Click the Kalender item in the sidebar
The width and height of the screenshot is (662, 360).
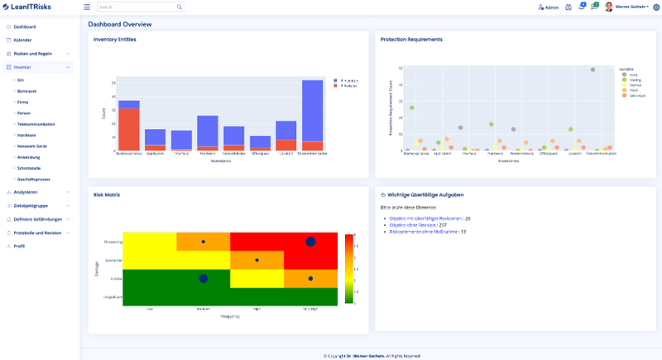point(22,40)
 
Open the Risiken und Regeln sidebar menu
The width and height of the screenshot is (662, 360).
point(33,53)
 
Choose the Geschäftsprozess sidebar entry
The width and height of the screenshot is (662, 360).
point(34,179)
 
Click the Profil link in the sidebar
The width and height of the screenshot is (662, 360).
point(20,246)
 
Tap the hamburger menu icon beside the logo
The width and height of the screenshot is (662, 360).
point(87,7)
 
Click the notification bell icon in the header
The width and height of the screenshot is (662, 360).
point(582,7)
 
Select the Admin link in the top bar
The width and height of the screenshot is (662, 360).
point(549,7)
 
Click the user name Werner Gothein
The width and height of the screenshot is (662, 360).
point(631,7)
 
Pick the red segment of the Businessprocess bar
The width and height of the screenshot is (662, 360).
point(128,129)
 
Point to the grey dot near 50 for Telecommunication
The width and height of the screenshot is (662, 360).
point(592,70)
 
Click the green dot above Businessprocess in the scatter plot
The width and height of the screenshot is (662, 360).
point(411,108)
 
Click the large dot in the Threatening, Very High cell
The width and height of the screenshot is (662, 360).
point(310,242)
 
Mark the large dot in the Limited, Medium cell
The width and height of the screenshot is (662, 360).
point(203,279)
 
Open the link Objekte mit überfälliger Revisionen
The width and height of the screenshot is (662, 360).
point(426,218)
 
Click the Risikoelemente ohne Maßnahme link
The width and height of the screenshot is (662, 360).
point(424,232)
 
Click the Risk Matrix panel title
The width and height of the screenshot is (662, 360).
point(107,194)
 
